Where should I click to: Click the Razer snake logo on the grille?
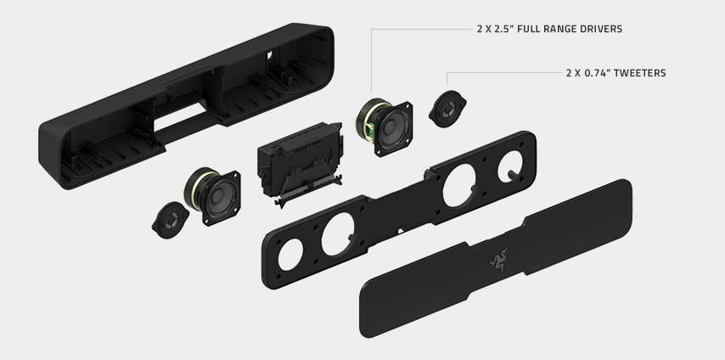498,259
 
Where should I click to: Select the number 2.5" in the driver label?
504,29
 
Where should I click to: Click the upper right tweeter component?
447,110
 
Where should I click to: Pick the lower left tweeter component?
170,220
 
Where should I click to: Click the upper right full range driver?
385,127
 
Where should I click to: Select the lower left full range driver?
212,196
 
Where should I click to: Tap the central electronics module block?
301,163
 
